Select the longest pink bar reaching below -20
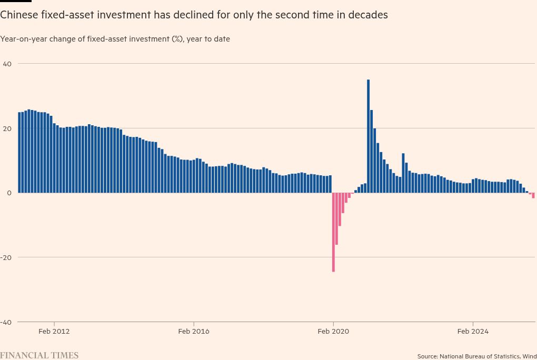(x=333, y=232)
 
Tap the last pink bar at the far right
(x=533, y=195)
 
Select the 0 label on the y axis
(x=9, y=193)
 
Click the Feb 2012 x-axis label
(x=54, y=332)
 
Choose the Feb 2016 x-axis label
(x=194, y=332)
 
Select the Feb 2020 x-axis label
(x=333, y=332)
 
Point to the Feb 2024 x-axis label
(x=473, y=332)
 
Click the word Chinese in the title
(x=18, y=15)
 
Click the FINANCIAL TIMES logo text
(x=39, y=355)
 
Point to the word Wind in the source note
(x=530, y=356)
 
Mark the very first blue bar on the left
(x=19, y=152)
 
